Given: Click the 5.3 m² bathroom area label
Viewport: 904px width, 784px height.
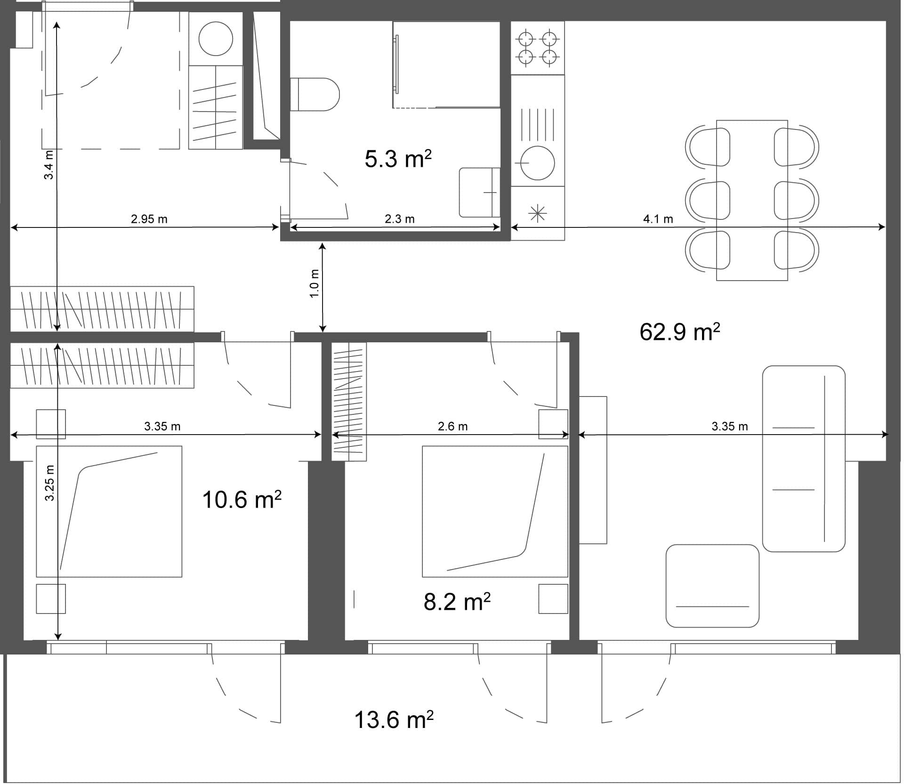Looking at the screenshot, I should point(398,159).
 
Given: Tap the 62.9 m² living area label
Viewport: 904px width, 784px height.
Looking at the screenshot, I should point(679,332).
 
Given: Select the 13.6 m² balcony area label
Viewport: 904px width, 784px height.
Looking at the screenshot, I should point(393,720).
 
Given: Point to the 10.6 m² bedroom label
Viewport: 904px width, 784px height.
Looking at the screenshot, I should point(242,500).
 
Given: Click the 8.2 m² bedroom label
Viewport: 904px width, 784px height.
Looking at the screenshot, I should point(457,602).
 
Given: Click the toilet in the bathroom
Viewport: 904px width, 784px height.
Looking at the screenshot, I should point(315,94).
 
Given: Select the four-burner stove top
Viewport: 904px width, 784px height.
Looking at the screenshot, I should point(537,48).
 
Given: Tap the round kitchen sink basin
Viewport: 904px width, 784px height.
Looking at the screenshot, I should point(537,163).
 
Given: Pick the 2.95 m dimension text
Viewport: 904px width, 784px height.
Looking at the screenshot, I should point(149,219).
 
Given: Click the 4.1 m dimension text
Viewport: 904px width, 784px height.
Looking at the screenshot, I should point(658,219).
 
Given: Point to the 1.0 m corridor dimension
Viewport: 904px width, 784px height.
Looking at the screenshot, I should point(315,283).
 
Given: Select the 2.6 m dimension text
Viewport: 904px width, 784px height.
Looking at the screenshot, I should point(452,427).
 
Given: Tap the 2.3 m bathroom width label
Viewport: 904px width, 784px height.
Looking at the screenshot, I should point(399,219).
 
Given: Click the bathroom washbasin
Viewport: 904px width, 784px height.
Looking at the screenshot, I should point(479,192).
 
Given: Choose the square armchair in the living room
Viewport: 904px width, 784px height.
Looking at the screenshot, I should point(712,586).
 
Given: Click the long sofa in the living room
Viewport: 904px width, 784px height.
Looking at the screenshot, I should point(803,459).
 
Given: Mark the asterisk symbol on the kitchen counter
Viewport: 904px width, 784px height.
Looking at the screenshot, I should point(537,214).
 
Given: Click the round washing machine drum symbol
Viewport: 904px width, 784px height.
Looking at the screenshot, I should point(216,39).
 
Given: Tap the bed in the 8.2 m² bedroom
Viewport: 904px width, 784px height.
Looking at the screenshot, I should point(494,511).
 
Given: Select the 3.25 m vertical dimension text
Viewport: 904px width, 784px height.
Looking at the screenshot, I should point(49,483).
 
